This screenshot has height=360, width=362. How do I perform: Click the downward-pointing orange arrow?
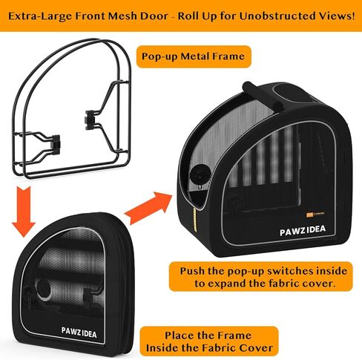24,212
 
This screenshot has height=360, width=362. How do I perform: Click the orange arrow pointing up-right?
148,207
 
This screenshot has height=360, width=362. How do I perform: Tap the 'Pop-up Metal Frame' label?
194,56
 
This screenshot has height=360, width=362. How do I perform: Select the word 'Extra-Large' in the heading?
40,16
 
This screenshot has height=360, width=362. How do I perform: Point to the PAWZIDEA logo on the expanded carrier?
303,230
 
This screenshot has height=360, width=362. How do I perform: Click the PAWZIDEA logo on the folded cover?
79,333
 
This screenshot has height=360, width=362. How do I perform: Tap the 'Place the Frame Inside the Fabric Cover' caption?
209,341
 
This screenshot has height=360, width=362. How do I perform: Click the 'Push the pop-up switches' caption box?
261,277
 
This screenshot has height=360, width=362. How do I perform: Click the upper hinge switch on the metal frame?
90,120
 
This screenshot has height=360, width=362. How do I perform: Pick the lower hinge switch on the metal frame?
56,143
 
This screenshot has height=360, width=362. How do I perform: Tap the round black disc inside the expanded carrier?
200,174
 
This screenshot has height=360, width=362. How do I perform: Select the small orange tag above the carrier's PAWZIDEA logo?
309,215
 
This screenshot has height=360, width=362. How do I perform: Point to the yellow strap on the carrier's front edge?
195,220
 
